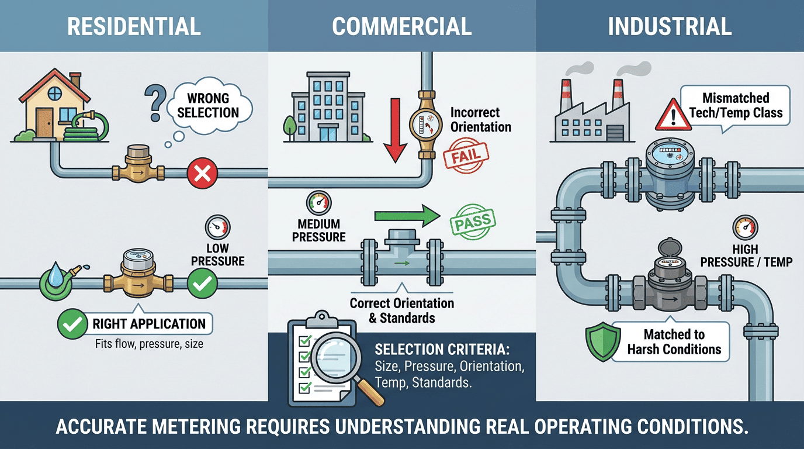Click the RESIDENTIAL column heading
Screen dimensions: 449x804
point(134,26)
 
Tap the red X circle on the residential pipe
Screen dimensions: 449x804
point(202,173)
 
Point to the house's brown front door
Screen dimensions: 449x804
point(45,123)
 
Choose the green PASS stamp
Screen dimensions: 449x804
point(472,223)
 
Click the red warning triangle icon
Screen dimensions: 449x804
point(673,115)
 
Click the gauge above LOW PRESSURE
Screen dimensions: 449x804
point(218,227)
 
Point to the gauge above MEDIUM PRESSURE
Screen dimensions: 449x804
point(318,204)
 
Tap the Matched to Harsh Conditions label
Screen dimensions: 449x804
point(674,342)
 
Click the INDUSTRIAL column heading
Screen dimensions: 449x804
point(669,26)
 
